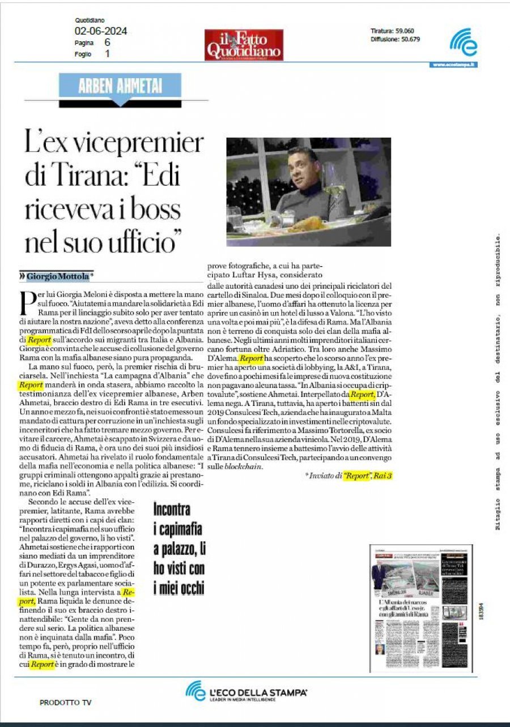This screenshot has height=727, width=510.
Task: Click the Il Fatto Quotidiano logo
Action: (244, 45)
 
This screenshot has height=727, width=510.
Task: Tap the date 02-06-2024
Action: (100, 31)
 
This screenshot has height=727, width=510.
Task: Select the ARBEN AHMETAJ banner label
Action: (120, 86)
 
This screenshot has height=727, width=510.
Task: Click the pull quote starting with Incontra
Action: (178, 548)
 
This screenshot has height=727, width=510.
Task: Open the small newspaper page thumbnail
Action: (420, 609)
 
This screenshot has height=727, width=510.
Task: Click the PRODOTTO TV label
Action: (65, 703)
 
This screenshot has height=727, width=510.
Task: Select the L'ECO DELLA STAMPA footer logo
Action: (246, 692)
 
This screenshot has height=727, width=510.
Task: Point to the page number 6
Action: (107, 42)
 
